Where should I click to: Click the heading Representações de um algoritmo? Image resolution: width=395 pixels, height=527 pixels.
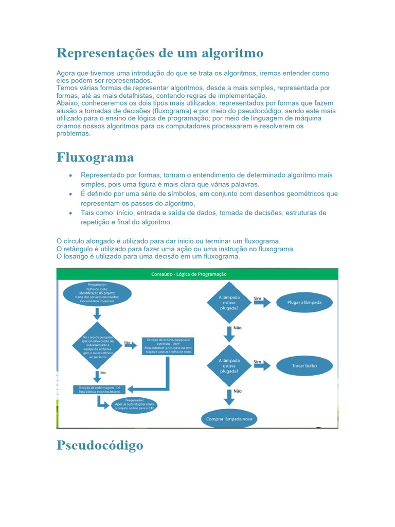pos(159,53)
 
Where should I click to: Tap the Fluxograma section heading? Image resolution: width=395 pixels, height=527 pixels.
pos(95,157)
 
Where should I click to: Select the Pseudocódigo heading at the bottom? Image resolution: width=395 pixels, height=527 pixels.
pos(100,445)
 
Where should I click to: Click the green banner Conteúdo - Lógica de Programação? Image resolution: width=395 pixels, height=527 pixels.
pos(197,274)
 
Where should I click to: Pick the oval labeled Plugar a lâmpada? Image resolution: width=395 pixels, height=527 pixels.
pos(304,303)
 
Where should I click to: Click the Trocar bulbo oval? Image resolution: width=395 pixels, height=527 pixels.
pos(304,366)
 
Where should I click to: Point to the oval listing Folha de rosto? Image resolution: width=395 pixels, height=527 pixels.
pos(97,294)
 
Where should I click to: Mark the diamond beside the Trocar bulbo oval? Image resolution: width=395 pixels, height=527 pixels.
pos(229,366)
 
